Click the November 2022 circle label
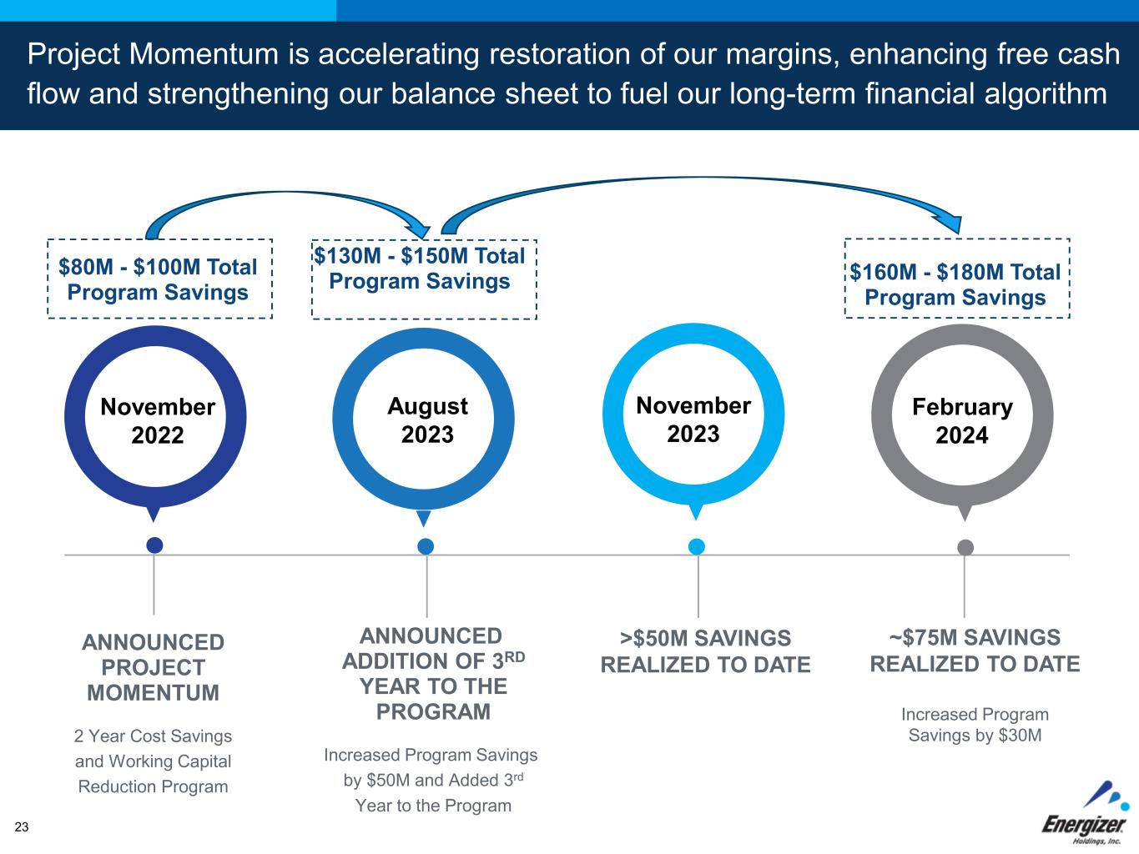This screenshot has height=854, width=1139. (157, 420)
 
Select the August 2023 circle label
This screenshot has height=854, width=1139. (427, 419)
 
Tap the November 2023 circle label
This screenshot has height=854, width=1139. (693, 419)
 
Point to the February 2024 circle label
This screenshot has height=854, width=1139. (961, 420)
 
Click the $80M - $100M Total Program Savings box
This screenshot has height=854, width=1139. (159, 279)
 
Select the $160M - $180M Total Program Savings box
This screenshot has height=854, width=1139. (956, 284)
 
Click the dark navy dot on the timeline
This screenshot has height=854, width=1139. (154, 545)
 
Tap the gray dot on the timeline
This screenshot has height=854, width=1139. (965, 547)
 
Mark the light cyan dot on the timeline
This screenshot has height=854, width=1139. (697, 546)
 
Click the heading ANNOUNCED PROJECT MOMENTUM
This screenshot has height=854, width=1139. (154, 667)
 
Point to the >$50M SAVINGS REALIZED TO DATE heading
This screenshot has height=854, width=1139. (705, 651)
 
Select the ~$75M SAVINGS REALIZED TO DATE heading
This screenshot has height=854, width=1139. (975, 651)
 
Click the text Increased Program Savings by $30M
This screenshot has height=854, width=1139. (975, 725)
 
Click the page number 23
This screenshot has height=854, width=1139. (22, 826)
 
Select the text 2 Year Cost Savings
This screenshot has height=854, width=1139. (154, 736)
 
